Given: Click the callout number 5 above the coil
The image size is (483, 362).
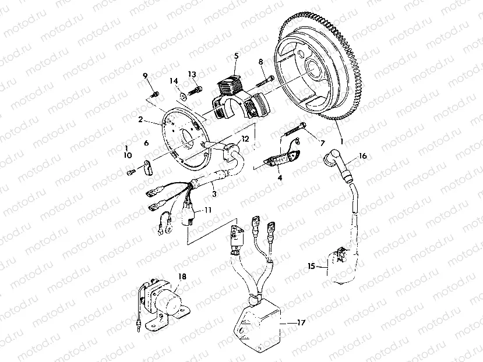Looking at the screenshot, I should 237,56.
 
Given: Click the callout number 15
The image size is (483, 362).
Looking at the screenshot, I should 312,266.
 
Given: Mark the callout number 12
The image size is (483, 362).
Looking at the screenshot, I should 245,139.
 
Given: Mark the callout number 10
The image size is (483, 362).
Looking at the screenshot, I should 126,156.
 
